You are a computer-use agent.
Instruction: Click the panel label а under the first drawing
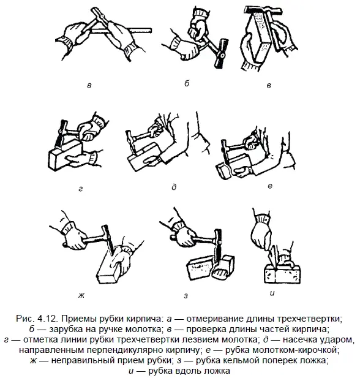(x=89, y=85)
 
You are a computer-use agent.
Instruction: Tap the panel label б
(x=187, y=83)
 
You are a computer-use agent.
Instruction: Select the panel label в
(x=269, y=85)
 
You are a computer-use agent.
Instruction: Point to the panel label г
(x=81, y=189)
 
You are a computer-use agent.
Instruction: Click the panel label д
(x=174, y=187)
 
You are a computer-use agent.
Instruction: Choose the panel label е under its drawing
(x=270, y=186)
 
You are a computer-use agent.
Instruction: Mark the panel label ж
(x=81, y=295)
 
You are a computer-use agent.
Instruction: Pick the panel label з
(x=186, y=295)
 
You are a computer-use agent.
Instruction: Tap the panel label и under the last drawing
(x=272, y=293)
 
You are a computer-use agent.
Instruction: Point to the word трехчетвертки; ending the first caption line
(x=309, y=319)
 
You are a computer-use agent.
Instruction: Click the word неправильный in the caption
(x=82, y=361)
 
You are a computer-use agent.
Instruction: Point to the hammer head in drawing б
(x=220, y=53)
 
